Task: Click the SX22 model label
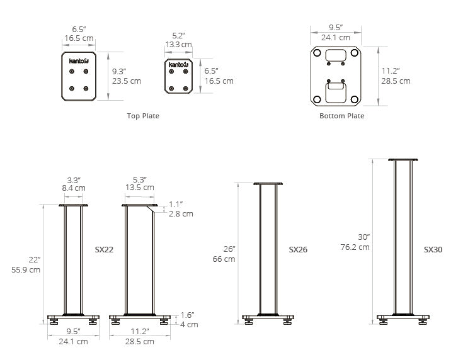[x=104, y=249]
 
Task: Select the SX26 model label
[x=297, y=249]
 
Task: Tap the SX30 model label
[x=433, y=249]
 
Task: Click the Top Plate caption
[x=143, y=116]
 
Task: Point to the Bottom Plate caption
[x=341, y=116]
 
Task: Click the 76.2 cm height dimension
[x=355, y=247]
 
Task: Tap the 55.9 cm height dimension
[x=25, y=269]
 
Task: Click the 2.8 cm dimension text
[x=181, y=214]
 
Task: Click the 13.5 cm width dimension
[x=140, y=188]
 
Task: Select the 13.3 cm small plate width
[x=178, y=45]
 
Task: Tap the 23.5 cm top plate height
[x=127, y=81]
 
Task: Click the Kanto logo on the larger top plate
[x=79, y=61]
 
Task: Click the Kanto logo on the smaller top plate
[x=178, y=65]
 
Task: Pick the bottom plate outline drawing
[x=336, y=76]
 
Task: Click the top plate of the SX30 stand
[x=403, y=160]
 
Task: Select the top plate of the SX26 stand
[x=268, y=184]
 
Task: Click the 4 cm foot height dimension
[x=190, y=325]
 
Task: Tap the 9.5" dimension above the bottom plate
[x=335, y=28]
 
